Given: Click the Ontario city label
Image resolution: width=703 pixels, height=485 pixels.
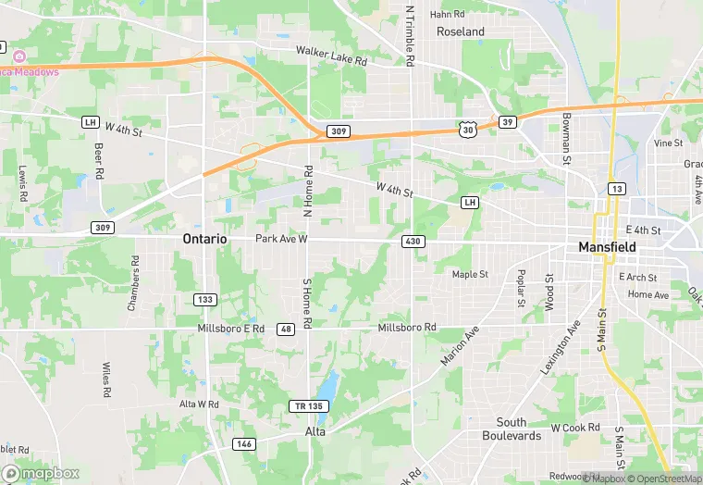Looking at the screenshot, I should [x=204, y=239].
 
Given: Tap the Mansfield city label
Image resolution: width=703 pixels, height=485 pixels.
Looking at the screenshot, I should [x=607, y=247].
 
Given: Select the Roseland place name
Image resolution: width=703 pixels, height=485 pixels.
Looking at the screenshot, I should [x=461, y=31].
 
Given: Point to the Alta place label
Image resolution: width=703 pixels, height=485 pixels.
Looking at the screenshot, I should [x=315, y=432].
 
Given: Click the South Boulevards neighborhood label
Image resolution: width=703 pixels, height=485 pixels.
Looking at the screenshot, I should [x=512, y=429].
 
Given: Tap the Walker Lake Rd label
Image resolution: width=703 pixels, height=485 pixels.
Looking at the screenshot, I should [x=331, y=56].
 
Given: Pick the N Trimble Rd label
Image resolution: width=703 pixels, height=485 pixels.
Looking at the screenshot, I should [x=409, y=35].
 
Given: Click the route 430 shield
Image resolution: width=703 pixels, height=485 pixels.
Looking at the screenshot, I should [x=413, y=241].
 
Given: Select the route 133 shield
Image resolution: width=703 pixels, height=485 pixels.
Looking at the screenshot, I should [x=204, y=299].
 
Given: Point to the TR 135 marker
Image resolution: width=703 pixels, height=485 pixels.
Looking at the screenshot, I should [x=310, y=406].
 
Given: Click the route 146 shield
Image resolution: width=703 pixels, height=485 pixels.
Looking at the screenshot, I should [x=243, y=443].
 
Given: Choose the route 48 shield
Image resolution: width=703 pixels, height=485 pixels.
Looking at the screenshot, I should [x=286, y=330].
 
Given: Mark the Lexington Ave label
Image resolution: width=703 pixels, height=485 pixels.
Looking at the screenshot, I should [x=561, y=346].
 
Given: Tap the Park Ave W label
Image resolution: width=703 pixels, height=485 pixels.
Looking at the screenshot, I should [x=281, y=240].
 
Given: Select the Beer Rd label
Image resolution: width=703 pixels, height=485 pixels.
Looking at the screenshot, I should [x=98, y=160].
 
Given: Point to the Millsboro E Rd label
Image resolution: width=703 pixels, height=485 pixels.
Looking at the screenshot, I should [x=231, y=329].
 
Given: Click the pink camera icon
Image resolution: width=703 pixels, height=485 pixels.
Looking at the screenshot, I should [x=19, y=56].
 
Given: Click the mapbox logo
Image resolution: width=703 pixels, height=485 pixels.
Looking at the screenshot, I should [x=41, y=473].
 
